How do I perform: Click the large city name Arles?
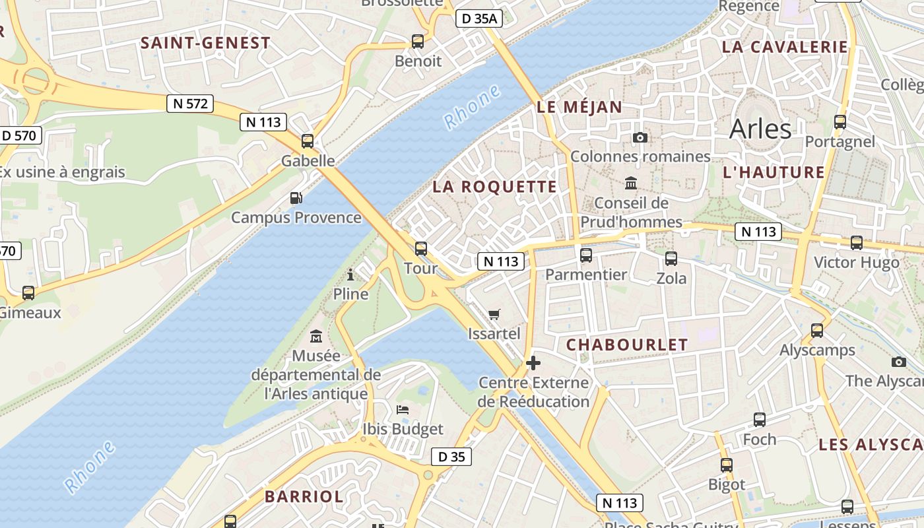(760, 129)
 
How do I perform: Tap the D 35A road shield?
(479, 18)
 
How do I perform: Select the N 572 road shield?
(190, 104)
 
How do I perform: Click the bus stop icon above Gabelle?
(308, 141)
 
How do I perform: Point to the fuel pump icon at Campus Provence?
(296, 197)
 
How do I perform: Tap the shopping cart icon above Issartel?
(494, 314)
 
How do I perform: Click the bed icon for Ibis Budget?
(403, 410)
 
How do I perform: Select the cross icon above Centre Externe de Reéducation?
(533, 363)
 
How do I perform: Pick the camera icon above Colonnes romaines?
(640, 137)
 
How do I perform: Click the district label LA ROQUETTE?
(494, 187)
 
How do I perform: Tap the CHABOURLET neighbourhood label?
(627, 345)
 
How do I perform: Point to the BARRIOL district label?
(304, 496)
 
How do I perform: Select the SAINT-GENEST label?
(205, 43)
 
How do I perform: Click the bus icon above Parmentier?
(586, 255)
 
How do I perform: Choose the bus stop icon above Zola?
(671, 258)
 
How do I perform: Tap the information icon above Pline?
(350, 275)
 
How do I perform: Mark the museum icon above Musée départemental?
(316, 336)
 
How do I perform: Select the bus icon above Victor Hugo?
(857, 243)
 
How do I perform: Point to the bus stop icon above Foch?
(760, 420)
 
